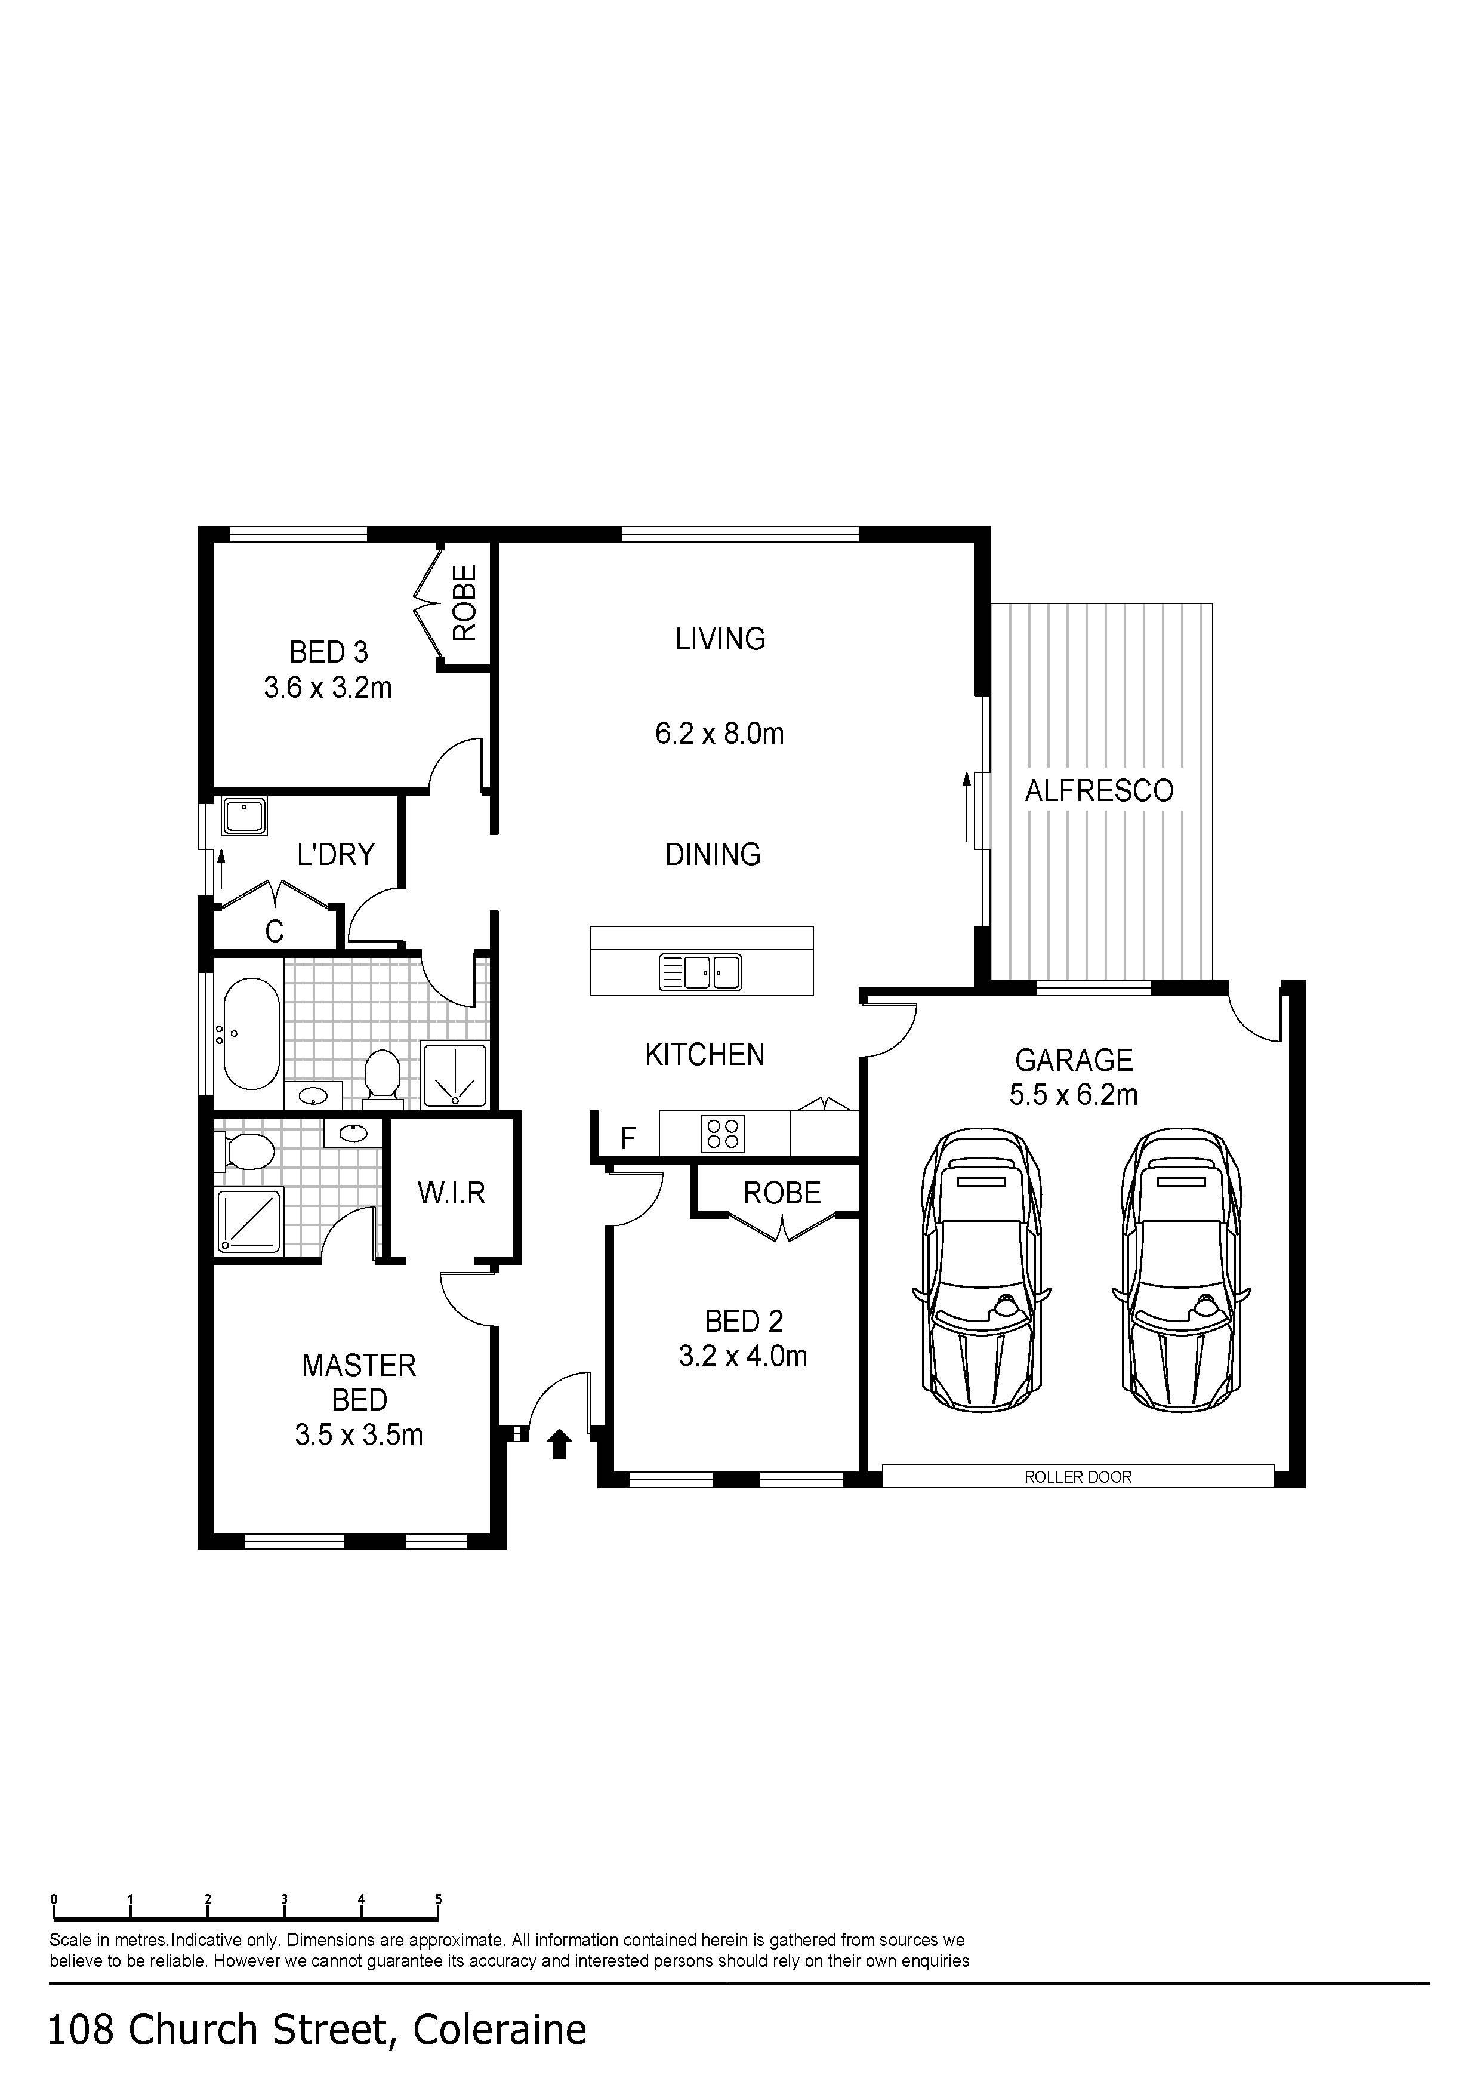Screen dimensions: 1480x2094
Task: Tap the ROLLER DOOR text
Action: (x=1078, y=1477)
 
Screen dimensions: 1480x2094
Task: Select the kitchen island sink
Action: (x=701, y=972)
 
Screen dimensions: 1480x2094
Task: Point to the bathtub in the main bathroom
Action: (x=252, y=1034)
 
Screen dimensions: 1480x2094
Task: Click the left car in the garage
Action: (x=981, y=1270)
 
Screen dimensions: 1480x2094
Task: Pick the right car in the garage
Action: (x=1181, y=1270)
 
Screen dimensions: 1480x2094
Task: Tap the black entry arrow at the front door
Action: (x=559, y=1445)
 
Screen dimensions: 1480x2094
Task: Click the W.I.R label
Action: (x=451, y=1192)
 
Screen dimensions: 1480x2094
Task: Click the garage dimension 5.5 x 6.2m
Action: (x=1073, y=1094)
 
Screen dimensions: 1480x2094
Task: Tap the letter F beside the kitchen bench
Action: (x=627, y=1138)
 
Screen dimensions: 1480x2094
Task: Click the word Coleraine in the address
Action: (x=499, y=2030)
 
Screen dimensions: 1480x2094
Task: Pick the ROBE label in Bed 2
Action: (x=782, y=1192)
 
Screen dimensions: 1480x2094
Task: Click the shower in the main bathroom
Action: (x=454, y=1075)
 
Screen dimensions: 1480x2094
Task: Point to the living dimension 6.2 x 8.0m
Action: (x=720, y=733)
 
